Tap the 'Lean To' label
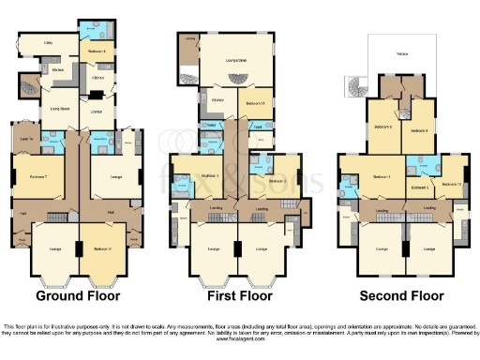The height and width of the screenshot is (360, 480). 26,140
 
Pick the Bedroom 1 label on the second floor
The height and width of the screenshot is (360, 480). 381,176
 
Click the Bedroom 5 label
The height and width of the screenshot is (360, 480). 420,188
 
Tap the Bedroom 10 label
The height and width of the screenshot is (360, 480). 451,184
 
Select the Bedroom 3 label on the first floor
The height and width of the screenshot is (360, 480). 211,174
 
